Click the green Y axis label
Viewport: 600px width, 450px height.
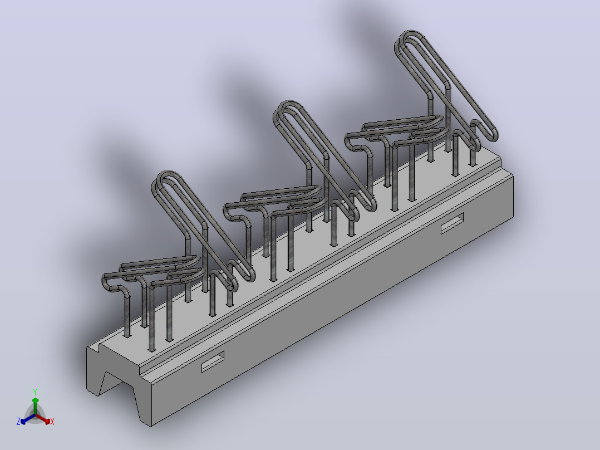click(x=35, y=392)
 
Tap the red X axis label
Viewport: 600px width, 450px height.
click(x=52, y=422)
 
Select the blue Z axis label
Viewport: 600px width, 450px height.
click(x=18, y=421)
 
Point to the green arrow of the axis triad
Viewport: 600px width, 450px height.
click(x=35, y=406)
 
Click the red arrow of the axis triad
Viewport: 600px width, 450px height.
click(x=43, y=418)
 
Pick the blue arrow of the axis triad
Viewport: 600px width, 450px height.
click(x=28, y=419)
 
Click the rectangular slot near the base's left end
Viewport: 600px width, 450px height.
click(x=213, y=361)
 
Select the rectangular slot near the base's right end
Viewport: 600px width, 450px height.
click(x=452, y=223)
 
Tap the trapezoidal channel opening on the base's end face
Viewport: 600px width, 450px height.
click(x=117, y=388)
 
